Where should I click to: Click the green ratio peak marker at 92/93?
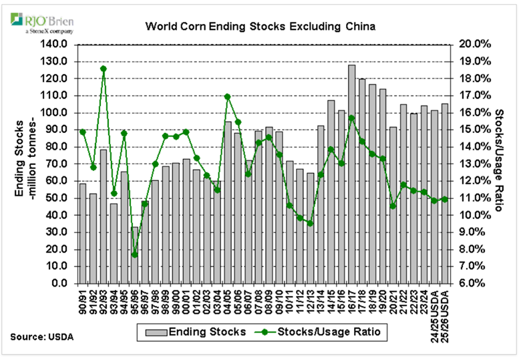coord(104,68)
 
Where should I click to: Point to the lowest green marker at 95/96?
coord(134,254)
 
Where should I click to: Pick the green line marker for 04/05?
coord(228,96)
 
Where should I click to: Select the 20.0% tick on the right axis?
coord(472,44)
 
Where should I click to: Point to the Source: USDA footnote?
coord(41,335)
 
